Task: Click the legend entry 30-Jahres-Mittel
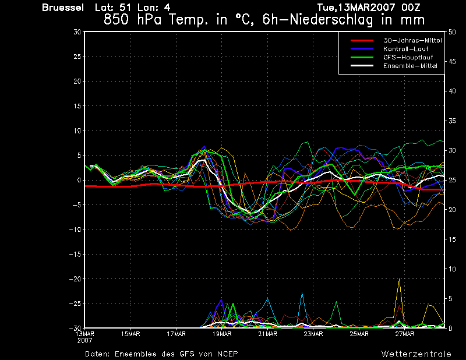click(412, 40)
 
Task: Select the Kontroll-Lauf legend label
click(405, 49)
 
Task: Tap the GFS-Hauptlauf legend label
click(408, 57)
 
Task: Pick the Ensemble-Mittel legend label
click(410, 66)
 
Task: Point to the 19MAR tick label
click(222, 334)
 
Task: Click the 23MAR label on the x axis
click(313, 334)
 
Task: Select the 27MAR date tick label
click(405, 334)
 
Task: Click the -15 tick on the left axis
click(75, 255)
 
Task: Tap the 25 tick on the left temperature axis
click(77, 57)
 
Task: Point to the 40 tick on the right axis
click(452, 91)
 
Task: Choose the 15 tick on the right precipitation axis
click(452, 239)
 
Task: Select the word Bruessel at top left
click(63, 8)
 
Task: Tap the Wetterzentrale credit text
click(416, 354)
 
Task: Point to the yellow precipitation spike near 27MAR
click(399, 279)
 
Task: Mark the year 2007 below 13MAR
click(84, 341)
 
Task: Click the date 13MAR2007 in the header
click(366, 8)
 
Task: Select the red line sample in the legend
click(362, 40)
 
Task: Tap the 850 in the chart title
click(116, 20)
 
